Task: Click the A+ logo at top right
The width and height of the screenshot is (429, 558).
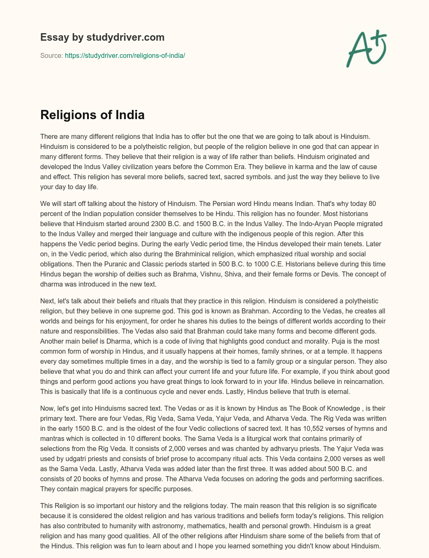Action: [366, 49]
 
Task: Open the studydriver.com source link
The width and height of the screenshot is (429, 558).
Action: [125, 55]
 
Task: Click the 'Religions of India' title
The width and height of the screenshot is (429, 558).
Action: [92, 115]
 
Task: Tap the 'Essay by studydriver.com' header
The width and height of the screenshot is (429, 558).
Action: [102, 37]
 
